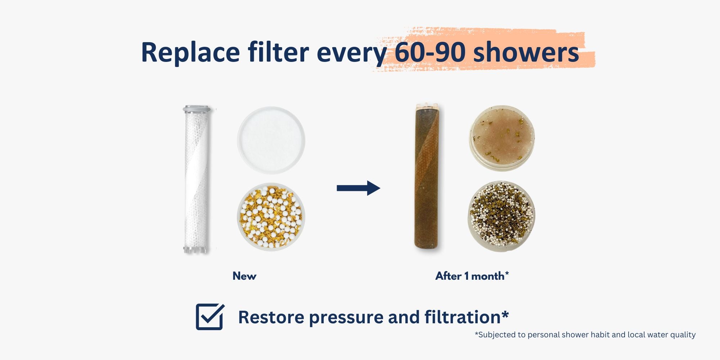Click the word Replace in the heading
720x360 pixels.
(x=190, y=53)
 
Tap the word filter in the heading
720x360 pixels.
(x=278, y=52)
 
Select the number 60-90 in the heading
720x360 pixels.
(x=430, y=52)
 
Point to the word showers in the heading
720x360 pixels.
(x=526, y=52)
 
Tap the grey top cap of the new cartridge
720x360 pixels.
(x=197, y=109)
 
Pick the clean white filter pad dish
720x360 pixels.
(x=271, y=140)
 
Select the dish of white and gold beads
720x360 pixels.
(x=271, y=217)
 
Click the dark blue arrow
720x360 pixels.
(x=358, y=188)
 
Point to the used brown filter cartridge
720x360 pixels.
(x=427, y=176)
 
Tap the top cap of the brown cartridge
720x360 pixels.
(x=427, y=107)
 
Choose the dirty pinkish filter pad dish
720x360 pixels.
(x=502, y=138)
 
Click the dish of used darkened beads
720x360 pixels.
(x=501, y=216)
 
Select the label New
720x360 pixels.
(x=244, y=276)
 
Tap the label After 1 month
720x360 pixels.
(x=472, y=276)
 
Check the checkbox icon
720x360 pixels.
(x=210, y=317)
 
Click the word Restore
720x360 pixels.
(x=271, y=318)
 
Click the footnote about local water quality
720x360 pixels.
(x=585, y=335)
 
